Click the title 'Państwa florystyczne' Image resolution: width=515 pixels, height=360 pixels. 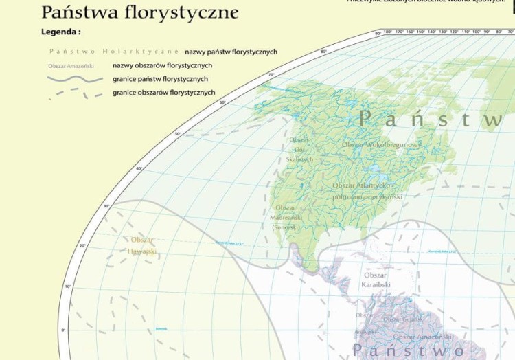coord(140,12)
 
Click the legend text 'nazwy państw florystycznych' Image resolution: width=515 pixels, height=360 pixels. coord(231,52)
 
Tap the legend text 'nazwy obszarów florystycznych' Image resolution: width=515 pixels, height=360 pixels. coord(162,65)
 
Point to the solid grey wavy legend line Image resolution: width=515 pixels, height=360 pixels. coord(75,79)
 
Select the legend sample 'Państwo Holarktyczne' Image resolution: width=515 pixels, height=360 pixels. coord(114,52)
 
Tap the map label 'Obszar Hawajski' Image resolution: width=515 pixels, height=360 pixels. coord(142,245)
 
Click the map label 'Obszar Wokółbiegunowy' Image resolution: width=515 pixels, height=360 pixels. coord(381,145)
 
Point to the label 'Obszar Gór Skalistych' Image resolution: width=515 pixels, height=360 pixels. coord(299,150)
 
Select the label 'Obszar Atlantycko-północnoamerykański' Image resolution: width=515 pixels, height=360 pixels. coord(367,191)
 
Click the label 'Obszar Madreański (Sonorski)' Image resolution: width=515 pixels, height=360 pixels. coord(286,217)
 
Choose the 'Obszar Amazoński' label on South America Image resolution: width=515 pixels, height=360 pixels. coord(422,337)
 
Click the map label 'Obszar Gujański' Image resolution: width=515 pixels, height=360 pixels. coord(404,319)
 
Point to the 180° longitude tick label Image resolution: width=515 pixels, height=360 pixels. coord(388,32)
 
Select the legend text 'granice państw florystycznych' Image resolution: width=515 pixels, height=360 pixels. coord(160,79)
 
